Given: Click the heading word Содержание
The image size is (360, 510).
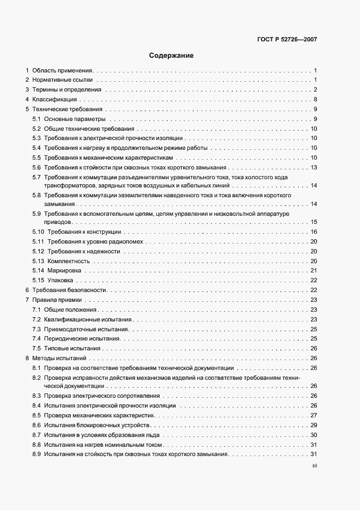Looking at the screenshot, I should click(171, 56).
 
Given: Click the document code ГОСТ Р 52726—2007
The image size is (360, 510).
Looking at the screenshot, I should click(286, 40).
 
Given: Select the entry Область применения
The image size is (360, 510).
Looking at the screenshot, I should click(63, 71).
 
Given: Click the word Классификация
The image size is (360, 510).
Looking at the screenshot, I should click(54, 100).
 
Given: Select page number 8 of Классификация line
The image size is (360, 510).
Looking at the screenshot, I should click(315, 100).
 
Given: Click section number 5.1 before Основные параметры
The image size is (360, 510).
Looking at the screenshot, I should click(36, 119).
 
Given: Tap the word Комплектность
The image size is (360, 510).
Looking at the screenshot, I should click(68, 261).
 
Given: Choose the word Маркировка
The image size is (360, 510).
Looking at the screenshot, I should click(64, 271).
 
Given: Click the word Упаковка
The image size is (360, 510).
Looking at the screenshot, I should click(60, 281).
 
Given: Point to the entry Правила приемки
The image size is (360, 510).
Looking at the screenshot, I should click(57, 300).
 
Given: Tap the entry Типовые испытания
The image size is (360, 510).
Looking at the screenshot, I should click(72, 349).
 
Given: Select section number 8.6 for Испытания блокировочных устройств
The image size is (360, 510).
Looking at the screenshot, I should click(36, 425).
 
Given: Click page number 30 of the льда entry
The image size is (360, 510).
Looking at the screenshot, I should click(314, 435).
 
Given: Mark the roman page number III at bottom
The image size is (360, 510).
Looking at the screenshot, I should click(314, 466).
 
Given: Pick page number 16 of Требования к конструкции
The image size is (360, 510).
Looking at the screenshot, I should click(314, 232).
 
